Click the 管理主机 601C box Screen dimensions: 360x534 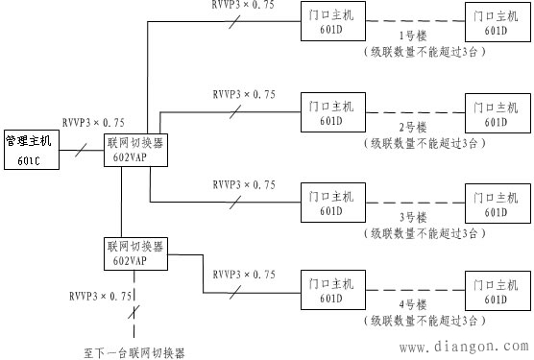(30, 150)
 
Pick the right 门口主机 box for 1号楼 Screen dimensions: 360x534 (496, 24)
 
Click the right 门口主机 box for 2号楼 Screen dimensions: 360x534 (496, 114)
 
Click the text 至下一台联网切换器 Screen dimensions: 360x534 (133, 351)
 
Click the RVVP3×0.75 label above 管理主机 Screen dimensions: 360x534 (92, 122)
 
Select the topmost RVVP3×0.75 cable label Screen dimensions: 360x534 (242, 6)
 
